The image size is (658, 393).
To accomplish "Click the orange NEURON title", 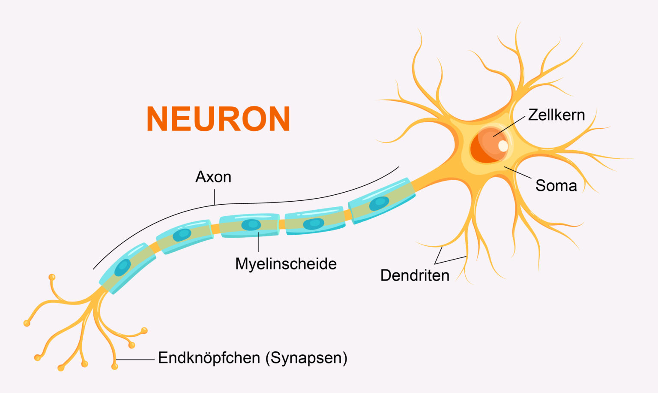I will [x=218, y=119].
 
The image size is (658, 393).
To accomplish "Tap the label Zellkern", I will [x=556, y=115].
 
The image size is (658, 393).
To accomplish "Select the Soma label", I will [x=556, y=186].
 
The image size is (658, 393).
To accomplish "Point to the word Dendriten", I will [x=415, y=275].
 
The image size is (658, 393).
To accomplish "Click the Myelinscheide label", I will [x=286, y=264].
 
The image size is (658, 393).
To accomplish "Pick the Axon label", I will [x=213, y=177].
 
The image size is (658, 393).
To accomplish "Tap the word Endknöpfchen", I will [x=209, y=358].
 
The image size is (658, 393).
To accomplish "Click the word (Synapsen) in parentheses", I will [x=306, y=358].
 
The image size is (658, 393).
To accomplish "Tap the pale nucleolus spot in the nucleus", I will [x=503, y=146].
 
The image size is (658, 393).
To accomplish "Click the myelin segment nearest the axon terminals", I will [x=127, y=268].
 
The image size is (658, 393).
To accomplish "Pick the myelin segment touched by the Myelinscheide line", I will [x=249, y=225].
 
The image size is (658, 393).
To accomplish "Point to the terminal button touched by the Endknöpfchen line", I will [x=114, y=366].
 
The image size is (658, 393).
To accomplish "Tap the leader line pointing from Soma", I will [x=518, y=172].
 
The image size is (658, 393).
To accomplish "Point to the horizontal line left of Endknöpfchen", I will [x=135, y=360].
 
